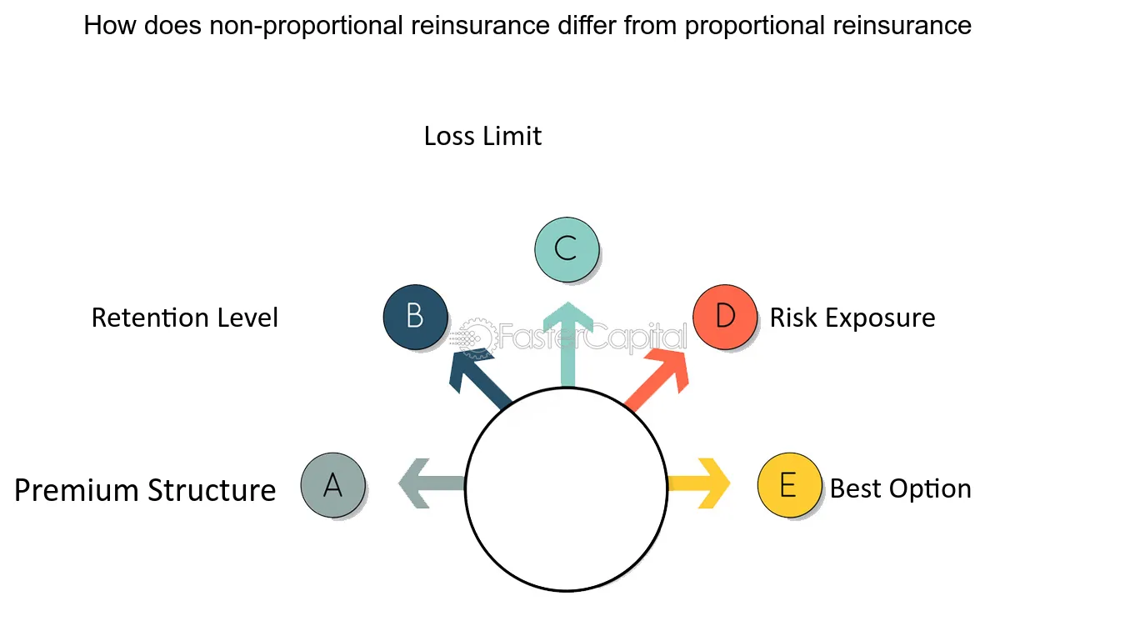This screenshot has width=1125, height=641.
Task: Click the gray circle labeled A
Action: pyautogui.click(x=333, y=485)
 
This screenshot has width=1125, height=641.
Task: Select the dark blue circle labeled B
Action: pyautogui.click(x=415, y=317)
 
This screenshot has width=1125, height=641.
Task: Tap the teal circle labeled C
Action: pyautogui.click(x=567, y=250)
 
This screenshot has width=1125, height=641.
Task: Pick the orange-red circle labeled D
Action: pyautogui.click(x=725, y=317)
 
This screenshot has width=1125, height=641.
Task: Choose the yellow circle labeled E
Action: pyautogui.click(x=790, y=485)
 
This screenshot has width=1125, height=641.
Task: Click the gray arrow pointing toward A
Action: pyautogui.click(x=431, y=483)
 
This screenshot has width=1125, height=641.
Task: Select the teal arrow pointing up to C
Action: pyautogui.click(x=567, y=344)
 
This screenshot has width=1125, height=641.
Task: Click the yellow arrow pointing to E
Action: pyautogui.click(x=699, y=483)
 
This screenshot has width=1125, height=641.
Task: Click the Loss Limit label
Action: pyautogui.click(x=482, y=136)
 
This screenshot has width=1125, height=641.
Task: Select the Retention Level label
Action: pyautogui.click(x=184, y=318)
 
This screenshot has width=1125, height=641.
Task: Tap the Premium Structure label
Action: pyautogui.click(x=145, y=490)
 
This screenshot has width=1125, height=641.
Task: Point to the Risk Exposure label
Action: pyautogui.click(x=852, y=318)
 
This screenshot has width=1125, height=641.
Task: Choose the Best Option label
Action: pyautogui.click(x=901, y=488)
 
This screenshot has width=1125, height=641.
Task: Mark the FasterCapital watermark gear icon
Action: pyautogui.click(x=476, y=338)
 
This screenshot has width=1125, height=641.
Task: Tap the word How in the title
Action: pyautogui.click(x=109, y=25)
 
